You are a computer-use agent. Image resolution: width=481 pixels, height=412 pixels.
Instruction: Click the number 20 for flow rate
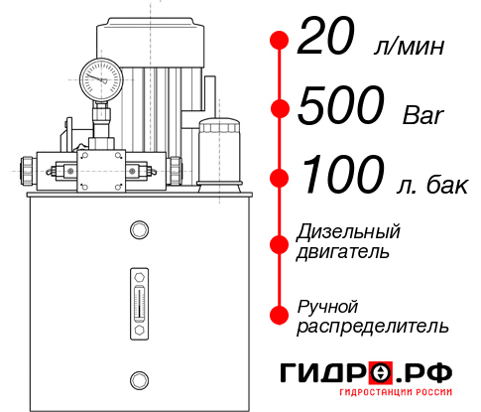(326, 41)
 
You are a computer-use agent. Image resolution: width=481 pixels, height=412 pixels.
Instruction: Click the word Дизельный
(348, 232)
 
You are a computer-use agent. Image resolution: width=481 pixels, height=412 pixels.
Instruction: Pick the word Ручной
(327, 305)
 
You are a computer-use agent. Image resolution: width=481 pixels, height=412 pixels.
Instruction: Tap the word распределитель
(372, 325)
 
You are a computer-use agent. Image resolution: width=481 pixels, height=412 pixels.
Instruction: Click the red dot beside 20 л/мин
(280, 41)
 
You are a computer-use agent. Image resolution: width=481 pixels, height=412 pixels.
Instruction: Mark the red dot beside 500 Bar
(280, 108)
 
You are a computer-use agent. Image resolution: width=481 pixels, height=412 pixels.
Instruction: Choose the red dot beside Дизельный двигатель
(280, 243)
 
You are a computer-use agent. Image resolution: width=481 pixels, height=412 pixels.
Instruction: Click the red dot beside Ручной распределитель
(280, 315)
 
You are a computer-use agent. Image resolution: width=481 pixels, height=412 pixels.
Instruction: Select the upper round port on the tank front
(139, 230)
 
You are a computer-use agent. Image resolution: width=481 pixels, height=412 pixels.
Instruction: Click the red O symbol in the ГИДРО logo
(381, 373)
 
